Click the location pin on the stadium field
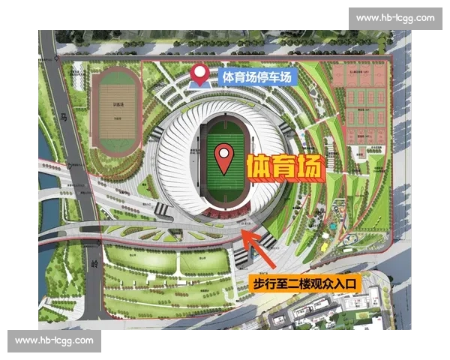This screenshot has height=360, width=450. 223,158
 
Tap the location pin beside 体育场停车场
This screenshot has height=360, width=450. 199,74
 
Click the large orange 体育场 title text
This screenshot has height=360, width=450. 284,167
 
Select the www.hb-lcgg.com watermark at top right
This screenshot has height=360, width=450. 395,18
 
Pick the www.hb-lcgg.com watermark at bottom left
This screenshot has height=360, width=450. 54,340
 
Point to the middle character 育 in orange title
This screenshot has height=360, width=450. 284,167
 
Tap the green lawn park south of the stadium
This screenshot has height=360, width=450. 169,262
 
